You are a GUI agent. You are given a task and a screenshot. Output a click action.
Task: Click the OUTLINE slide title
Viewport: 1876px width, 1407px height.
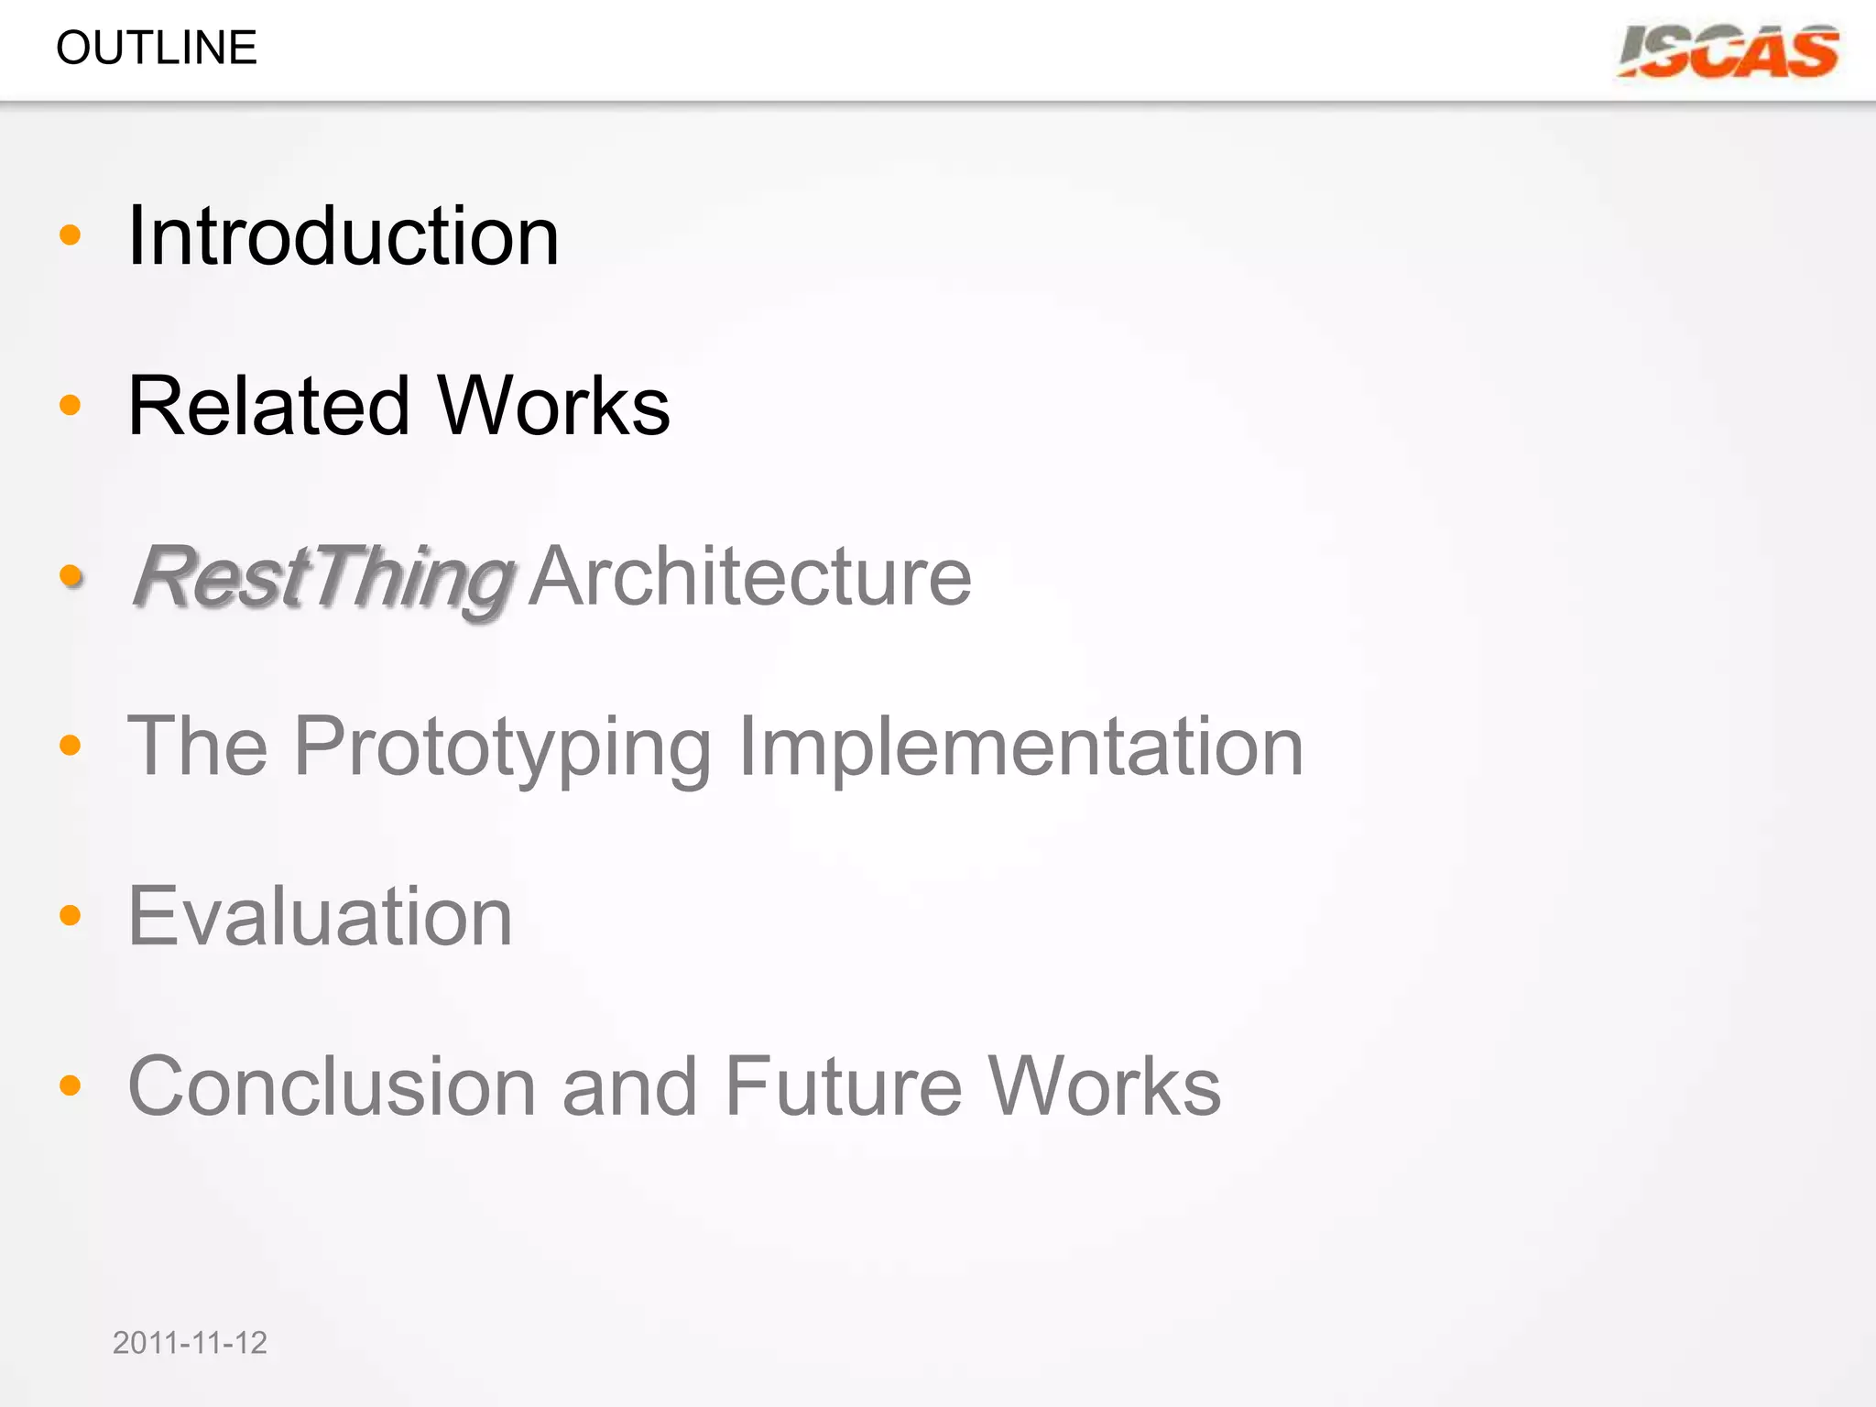point(157,48)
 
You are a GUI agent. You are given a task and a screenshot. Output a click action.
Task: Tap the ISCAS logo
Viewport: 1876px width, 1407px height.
point(1729,52)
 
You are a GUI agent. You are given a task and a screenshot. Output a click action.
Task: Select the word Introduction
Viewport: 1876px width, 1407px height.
point(344,236)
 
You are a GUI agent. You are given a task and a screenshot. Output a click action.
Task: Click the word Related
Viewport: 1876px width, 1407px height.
point(268,406)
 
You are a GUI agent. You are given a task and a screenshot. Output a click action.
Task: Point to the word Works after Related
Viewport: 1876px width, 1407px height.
point(554,406)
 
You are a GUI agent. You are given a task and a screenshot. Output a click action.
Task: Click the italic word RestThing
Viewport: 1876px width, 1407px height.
point(322,577)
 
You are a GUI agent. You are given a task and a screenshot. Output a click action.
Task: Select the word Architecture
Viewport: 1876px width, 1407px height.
point(750,577)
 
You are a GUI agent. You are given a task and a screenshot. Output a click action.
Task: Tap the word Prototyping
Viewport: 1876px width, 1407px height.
point(503,747)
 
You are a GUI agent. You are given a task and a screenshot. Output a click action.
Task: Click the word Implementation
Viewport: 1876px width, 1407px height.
point(1020,747)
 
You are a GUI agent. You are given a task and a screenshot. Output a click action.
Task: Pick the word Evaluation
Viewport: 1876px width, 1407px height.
point(321,916)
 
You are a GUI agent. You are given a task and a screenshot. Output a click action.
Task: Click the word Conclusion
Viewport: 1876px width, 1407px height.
point(332,1086)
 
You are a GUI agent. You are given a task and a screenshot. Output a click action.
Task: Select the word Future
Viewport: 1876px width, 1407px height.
point(844,1086)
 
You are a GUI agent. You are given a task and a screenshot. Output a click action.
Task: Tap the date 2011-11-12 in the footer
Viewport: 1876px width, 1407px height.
point(190,1343)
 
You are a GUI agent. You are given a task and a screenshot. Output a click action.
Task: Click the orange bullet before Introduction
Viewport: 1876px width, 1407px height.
point(70,235)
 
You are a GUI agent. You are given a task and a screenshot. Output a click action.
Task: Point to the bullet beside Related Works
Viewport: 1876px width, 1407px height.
point(70,405)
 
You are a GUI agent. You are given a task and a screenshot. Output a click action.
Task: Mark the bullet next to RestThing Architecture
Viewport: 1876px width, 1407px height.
point(71,576)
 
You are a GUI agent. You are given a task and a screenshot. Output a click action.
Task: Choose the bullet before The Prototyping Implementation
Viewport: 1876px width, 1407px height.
point(70,746)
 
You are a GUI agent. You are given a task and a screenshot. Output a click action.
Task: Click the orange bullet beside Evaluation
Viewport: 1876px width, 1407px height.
point(70,915)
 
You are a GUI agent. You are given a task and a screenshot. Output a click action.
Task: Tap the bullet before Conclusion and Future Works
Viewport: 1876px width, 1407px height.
point(70,1085)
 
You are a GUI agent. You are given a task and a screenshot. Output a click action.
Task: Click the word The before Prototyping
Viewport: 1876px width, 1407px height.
point(198,747)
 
